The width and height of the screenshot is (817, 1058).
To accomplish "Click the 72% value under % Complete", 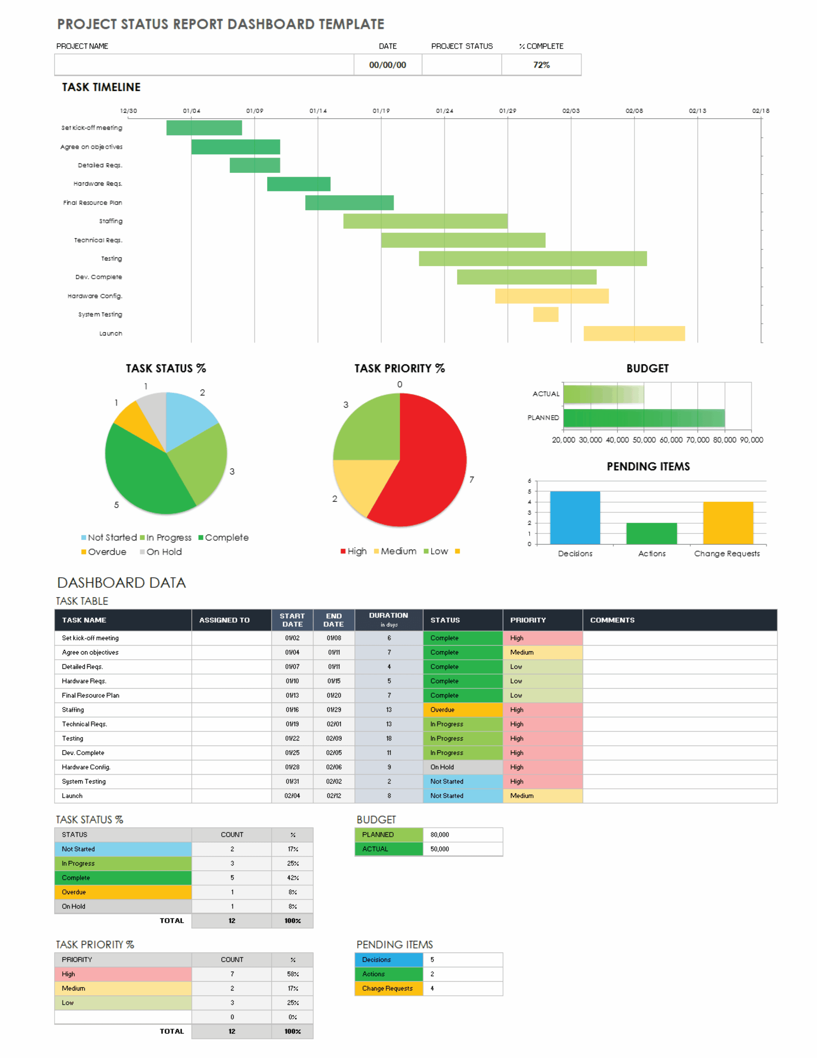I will (541, 65).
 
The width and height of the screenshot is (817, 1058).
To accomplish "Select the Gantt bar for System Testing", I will (545, 315).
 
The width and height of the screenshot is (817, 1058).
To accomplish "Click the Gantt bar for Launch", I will (634, 333).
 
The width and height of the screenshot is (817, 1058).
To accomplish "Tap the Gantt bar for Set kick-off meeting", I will (204, 128).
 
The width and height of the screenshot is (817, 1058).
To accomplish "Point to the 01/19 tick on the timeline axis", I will (381, 111).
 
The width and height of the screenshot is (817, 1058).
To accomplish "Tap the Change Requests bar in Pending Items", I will (727, 523).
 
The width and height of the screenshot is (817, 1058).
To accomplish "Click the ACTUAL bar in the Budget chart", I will (603, 394).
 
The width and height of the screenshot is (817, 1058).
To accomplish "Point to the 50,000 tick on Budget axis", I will (644, 440).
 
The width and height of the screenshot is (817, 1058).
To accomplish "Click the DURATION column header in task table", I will (388, 620).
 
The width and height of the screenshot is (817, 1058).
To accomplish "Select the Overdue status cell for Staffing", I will (462, 710).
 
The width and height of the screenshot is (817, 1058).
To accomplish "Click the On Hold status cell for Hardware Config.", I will (462, 767).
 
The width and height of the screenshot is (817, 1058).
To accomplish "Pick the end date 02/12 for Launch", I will (334, 796).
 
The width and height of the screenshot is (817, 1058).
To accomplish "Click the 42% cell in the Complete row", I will (292, 878).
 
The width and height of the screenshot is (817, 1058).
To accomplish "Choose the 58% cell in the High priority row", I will (292, 974).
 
